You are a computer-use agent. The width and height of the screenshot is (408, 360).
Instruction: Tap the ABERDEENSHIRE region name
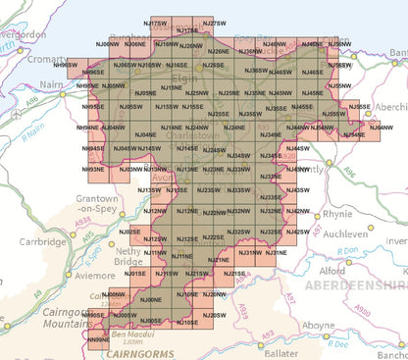[356, 284]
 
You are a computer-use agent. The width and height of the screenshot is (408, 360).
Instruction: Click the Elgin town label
[181, 76]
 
